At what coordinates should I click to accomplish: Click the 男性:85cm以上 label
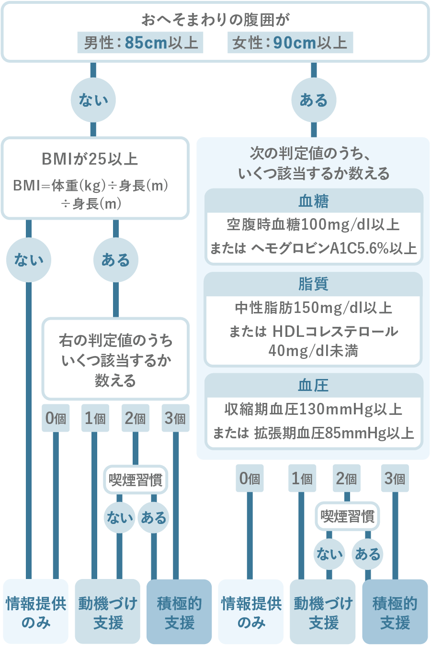point(140,43)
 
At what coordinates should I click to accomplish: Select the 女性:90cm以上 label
point(290,43)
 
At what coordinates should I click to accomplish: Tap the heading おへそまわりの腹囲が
point(215,20)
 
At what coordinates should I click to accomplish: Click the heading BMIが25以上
point(90,159)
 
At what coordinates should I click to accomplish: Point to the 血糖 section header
point(314,201)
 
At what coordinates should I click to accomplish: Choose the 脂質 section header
point(314,284)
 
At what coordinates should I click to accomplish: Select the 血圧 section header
point(314,385)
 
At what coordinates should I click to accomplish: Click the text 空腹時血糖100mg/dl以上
point(313,224)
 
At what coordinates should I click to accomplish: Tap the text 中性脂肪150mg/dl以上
point(313,308)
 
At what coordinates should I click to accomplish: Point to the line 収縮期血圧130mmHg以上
point(313,409)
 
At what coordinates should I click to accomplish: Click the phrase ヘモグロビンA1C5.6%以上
point(334,248)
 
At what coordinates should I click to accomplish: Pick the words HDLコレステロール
point(335,331)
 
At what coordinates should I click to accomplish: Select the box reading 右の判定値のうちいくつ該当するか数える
point(115,360)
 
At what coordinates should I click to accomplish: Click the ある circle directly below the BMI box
point(115,260)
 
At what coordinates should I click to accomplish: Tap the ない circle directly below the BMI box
point(29,260)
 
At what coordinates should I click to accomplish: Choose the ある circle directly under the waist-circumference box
point(314,100)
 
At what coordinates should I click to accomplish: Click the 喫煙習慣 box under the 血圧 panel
point(347,516)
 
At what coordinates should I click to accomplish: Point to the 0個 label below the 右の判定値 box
point(56,418)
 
